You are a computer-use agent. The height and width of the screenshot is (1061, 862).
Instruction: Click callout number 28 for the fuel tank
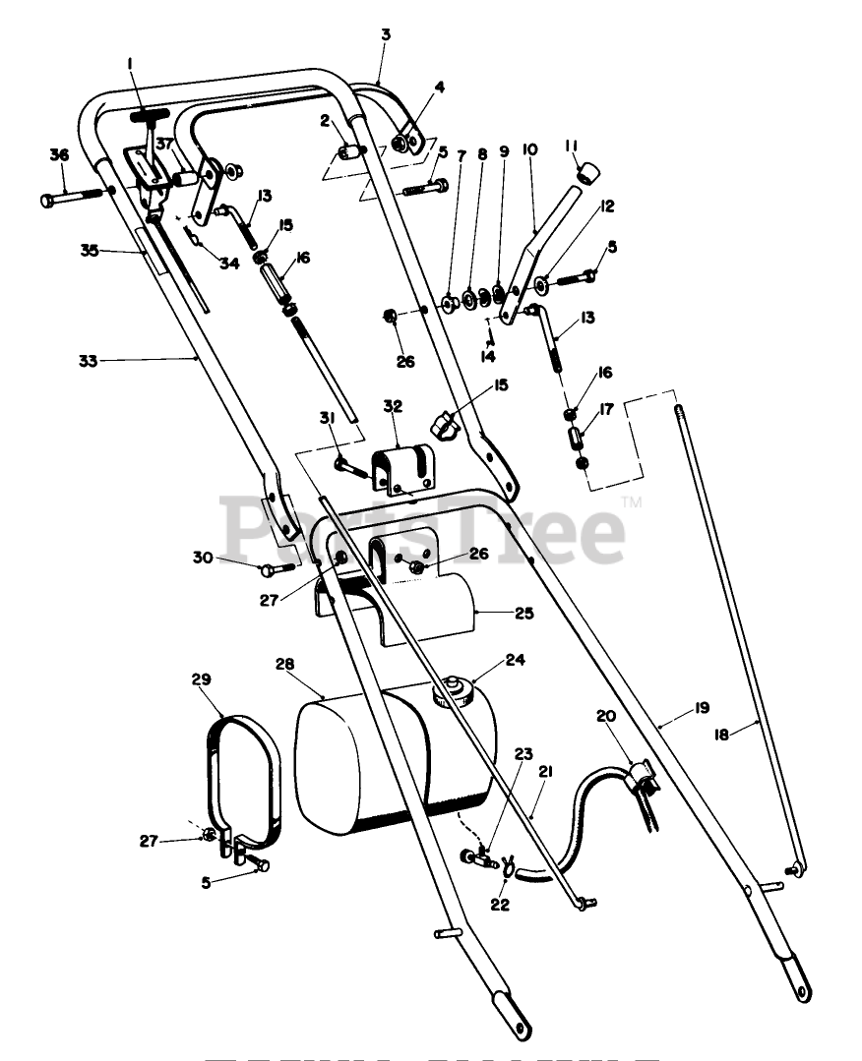[x=284, y=666]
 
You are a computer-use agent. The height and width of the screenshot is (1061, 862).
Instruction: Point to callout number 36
[x=59, y=155]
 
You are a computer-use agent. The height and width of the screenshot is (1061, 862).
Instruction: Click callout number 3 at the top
[x=386, y=33]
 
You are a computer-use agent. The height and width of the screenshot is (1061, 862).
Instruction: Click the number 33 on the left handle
[x=88, y=361]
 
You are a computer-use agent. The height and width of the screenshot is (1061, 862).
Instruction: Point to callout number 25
[x=523, y=613]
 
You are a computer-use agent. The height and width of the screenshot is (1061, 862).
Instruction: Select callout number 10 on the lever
[x=530, y=150]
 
